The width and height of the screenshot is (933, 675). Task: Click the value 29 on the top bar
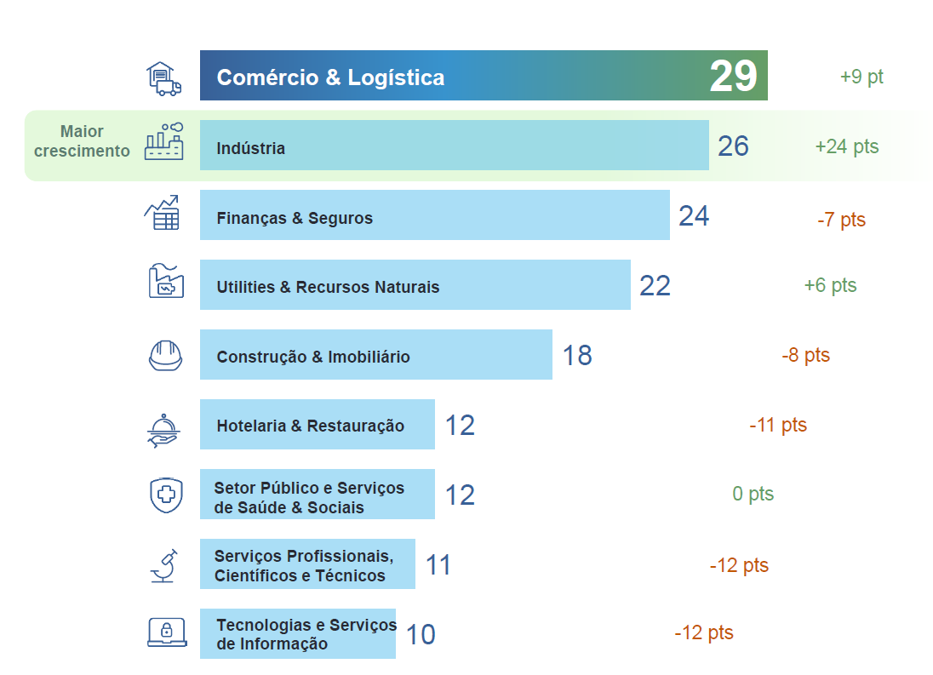pos(733,77)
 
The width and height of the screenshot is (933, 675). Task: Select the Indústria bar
pos(454,146)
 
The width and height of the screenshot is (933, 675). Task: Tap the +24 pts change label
pos(846,146)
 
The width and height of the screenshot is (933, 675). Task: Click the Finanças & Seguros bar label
pos(295,218)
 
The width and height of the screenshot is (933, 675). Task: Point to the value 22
pos(655,286)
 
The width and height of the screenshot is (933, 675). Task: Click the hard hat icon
pos(165,355)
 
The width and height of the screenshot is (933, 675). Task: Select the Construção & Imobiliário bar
pos(375,355)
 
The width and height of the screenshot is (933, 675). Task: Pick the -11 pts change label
pos(778,425)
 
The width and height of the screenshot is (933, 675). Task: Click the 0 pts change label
pos(753,495)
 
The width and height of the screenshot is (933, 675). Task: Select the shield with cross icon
pos(165,495)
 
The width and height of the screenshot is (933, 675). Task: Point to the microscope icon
pos(165,565)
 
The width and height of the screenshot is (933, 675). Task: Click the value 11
pos(438,565)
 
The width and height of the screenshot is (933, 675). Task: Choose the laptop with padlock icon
pos(166,632)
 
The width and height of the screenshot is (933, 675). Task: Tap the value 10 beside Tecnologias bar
pos(420,635)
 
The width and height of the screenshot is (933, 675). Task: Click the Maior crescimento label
pos(82,141)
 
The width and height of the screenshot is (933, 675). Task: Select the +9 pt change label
pos(861,77)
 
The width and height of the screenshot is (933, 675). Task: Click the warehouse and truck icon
pos(163,77)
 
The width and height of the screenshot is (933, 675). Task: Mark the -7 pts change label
pos(841,220)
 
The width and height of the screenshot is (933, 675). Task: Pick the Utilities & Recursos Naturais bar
pos(415,285)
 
